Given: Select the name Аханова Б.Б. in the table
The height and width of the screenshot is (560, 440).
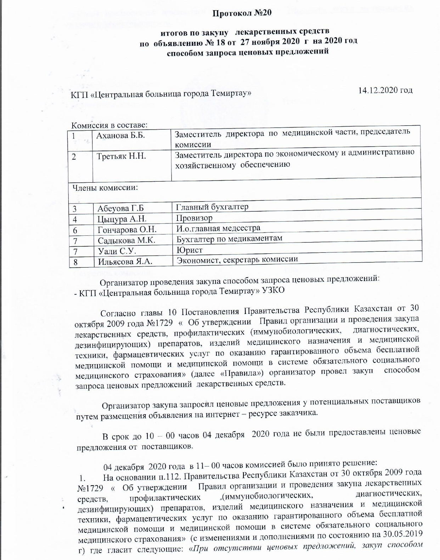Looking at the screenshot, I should [x=121, y=135].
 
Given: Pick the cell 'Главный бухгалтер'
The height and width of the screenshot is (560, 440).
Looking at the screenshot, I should [x=212, y=207].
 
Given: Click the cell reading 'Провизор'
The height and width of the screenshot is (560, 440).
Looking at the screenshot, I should [x=194, y=218].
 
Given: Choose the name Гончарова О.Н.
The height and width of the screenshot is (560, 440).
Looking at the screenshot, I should [x=127, y=230].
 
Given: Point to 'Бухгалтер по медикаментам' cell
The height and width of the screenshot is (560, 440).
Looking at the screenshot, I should [x=229, y=238].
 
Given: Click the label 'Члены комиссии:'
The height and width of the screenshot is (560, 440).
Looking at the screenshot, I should [x=105, y=188].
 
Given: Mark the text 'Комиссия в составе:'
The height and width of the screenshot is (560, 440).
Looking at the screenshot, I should [x=109, y=125].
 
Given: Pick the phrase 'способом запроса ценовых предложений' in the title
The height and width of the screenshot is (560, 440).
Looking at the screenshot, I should [x=248, y=51].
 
